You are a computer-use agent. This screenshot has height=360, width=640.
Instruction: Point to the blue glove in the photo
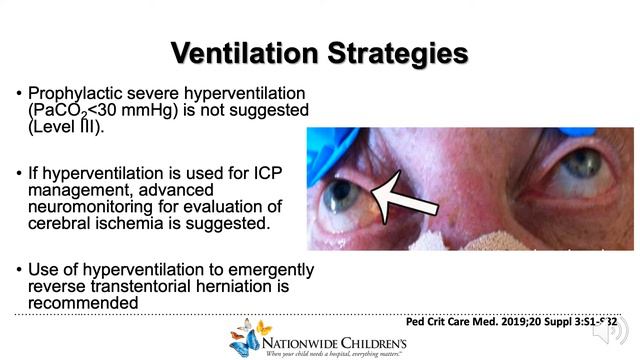click(x=326, y=143)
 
